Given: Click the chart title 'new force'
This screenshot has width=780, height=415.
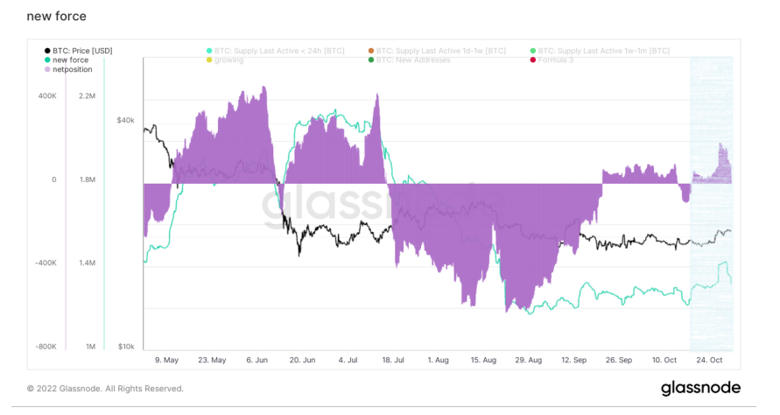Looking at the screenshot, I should pos(57,17).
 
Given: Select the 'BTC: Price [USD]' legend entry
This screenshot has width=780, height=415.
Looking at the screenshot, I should pos(81,51).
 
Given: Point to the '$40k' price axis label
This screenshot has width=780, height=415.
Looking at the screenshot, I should pos(126,120).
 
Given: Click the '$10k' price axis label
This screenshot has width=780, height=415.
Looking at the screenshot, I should pos(126,347).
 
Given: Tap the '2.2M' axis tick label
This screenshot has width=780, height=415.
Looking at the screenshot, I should pos(87,95).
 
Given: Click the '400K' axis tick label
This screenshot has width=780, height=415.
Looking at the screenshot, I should pos(46,95).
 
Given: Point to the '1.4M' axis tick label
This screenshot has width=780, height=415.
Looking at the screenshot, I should pos(87,263).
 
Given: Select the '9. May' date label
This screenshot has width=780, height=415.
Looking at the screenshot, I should pos(166,360).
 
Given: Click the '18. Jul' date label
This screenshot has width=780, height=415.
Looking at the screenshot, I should pos(393,360).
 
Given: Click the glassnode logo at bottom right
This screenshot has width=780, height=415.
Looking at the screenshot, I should pos(700,388).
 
